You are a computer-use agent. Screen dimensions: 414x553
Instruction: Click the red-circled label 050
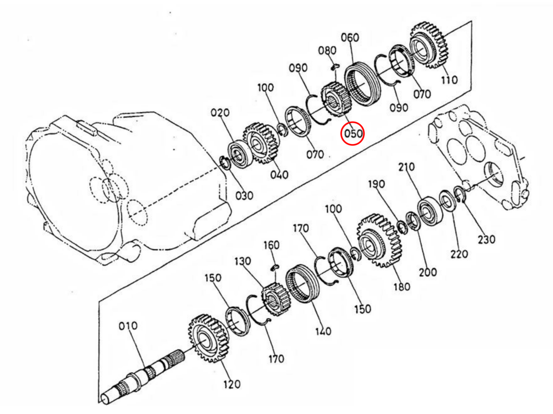pyautogui.click(x=352, y=134)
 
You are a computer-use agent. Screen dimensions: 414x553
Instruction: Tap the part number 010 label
pyautogui.click(x=128, y=326)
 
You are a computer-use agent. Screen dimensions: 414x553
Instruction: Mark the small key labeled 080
pyautogui.click(x=335, y=66)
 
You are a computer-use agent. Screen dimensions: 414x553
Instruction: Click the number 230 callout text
pyautogui.click(x=486, y=239)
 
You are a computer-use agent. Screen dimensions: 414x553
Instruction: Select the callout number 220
pyautogui.click(x=459, y=253)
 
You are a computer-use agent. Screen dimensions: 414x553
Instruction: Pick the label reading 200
pyautogui.click(x=428, y=272)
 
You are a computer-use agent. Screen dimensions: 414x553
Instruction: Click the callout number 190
pyautogui.click(x=376, y=184)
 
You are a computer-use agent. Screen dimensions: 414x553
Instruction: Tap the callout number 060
pyautogui.click(x=350, y=37)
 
